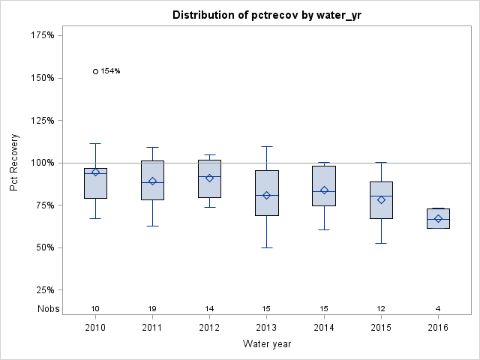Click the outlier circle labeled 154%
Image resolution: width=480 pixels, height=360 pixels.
(95, 71)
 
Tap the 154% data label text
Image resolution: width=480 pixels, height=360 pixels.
(111, 71)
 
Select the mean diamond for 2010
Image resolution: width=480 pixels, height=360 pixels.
(95, 172)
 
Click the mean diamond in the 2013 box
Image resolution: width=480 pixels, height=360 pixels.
(267, 196)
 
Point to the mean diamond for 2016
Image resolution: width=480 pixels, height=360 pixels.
(438, 219)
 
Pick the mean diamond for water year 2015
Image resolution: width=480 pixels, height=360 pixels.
(381, 199)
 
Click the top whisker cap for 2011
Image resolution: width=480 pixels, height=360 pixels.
(152, 147)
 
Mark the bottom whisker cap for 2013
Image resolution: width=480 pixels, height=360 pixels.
(267, 247)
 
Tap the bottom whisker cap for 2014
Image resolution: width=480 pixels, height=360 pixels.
(324, 229)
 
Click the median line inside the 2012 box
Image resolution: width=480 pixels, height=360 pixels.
(209, 176)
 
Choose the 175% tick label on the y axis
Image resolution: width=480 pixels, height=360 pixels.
(41, 35)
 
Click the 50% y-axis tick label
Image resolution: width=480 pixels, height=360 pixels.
(43, 247)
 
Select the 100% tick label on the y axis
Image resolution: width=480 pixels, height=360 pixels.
(41, 163)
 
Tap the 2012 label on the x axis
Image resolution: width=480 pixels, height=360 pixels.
(209, 328)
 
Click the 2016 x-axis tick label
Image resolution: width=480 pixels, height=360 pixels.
(438, 328)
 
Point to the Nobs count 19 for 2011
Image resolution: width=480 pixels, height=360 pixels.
(152, 309)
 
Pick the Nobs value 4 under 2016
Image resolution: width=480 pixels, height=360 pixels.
(438, 309)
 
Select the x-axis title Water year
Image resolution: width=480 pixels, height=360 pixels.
(267, 344)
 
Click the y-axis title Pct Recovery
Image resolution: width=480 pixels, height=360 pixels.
(14, 163)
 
